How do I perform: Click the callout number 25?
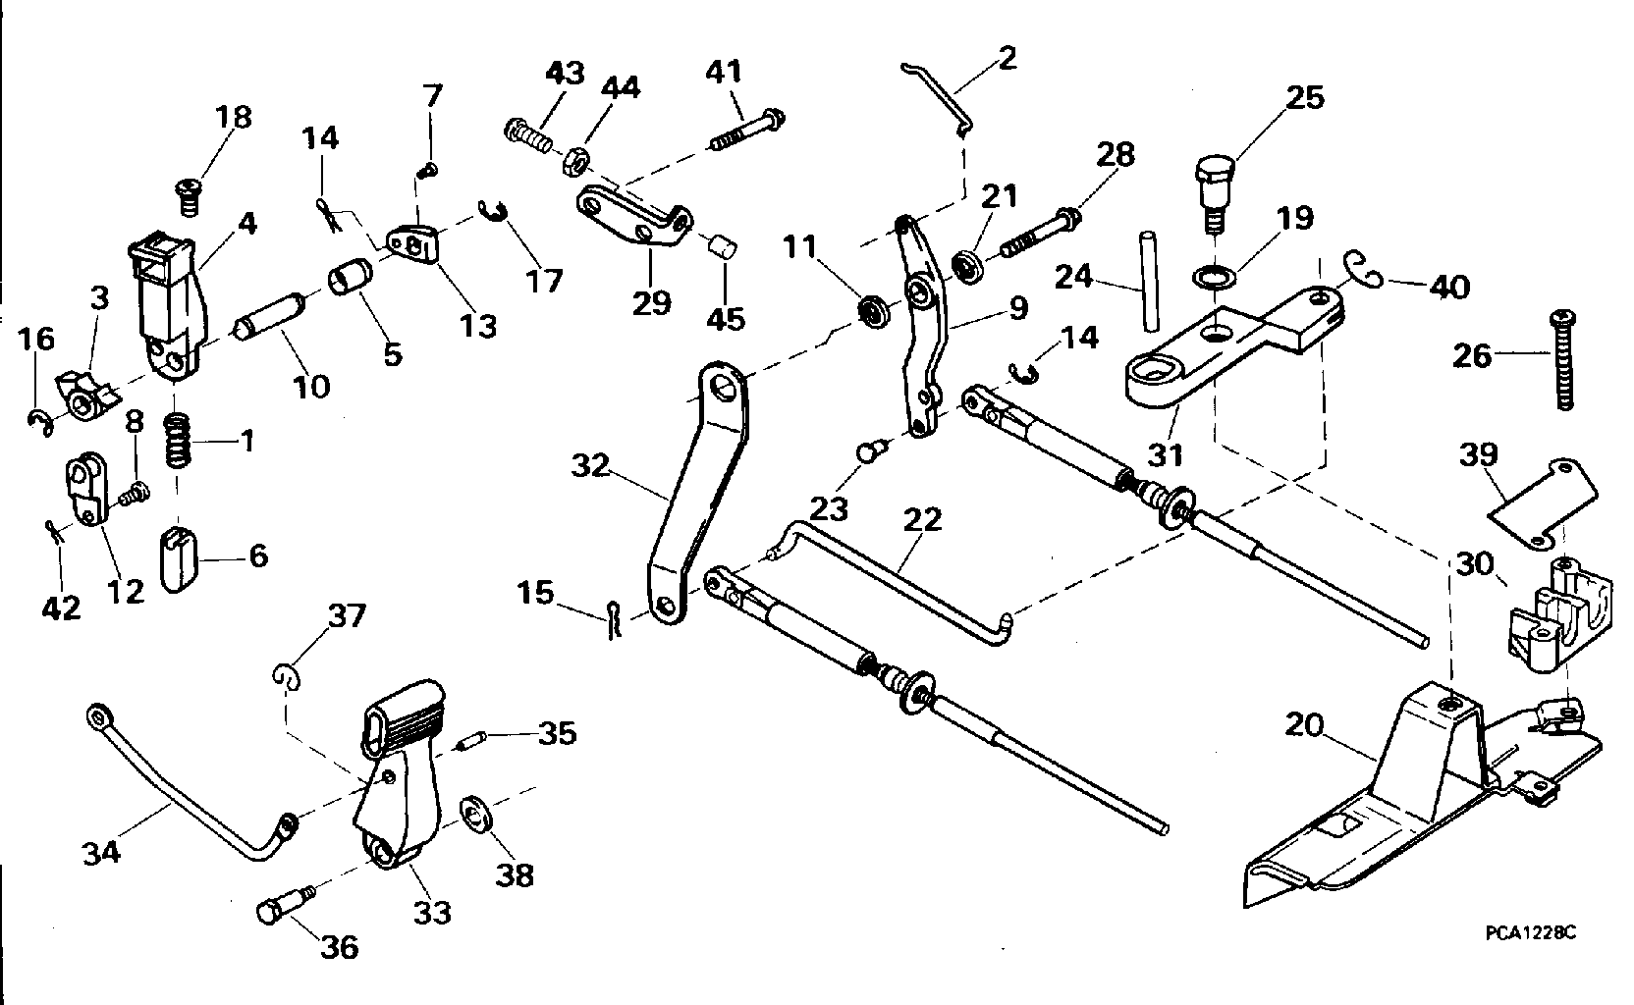1305,98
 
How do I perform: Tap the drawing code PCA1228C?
1531,932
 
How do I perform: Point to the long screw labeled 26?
1564,359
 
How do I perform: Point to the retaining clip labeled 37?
287,676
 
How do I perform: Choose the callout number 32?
590,465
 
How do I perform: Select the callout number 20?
1304,725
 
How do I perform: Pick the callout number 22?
923,520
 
